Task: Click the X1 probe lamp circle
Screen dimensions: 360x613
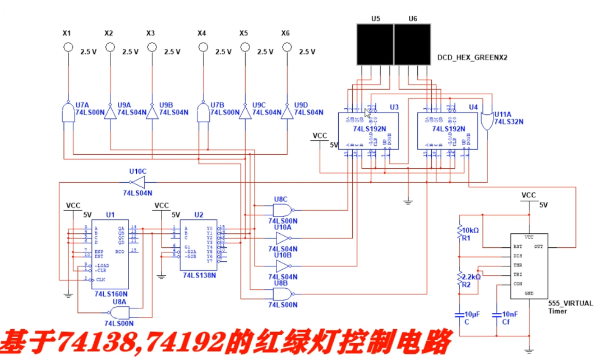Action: point(68,48)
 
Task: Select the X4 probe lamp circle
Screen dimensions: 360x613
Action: point(202,48)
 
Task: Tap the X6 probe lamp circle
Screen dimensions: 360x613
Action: point(287,48)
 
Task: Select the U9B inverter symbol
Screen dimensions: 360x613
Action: point(152,112)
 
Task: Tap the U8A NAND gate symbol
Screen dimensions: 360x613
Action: point(119,312)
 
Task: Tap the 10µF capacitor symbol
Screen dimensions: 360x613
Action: point(459,314)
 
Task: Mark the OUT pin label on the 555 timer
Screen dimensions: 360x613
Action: point(538,247)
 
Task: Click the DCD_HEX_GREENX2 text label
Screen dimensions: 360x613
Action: point(472,57)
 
